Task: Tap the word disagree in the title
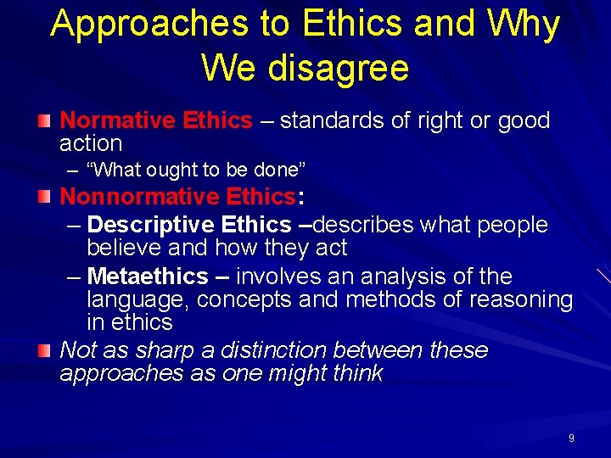(x=337, y=67)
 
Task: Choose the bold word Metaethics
(x=147, y=276)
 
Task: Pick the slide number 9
(x=571, y=438)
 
